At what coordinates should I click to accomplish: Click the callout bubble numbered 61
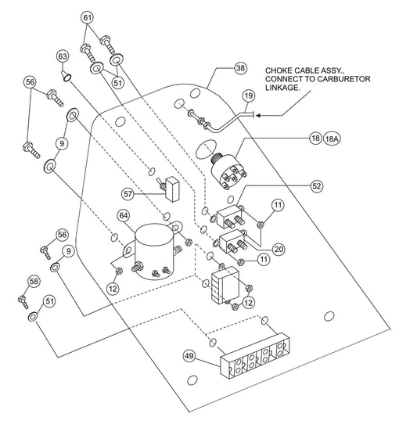[88, 18]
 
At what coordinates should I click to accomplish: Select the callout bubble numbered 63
[63, 56]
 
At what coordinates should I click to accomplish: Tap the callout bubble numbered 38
[240, 68]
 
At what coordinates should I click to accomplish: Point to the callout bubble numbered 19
[249, 95]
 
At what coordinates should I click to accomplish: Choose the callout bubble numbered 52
[317, 186]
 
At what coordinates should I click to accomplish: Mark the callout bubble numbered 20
[279, 250]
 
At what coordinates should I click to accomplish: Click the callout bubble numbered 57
[128, 194]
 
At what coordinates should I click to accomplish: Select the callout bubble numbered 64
[124, 216]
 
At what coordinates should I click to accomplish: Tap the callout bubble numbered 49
[189, 356]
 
